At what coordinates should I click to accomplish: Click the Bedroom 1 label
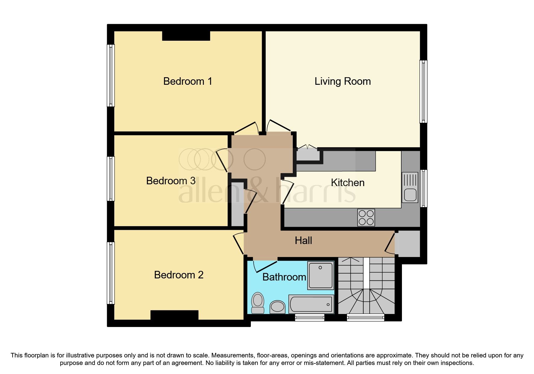point(188,81)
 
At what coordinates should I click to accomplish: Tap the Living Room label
point(343,81)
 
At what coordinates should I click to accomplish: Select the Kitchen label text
point(347,182)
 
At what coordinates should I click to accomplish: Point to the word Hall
point(303,240)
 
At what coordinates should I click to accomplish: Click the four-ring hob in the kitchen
point(366,217)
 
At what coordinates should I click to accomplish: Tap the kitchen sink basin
point(410,195)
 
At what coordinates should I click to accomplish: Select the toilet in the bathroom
point(258,303)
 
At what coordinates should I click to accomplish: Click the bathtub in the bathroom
point(311,304)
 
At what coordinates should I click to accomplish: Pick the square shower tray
point(320,275)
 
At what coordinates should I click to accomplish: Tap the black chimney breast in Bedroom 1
point(186,36)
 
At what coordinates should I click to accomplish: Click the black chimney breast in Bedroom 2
point(174,315)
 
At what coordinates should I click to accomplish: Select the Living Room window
point(423,91)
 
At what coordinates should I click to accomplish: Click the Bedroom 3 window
point(111,179)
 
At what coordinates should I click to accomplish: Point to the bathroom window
point(309,317)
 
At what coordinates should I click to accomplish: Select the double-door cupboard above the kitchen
point(308,154)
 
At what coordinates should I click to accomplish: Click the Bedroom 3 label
point(171,181)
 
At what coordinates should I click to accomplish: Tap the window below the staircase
point(366,317)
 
